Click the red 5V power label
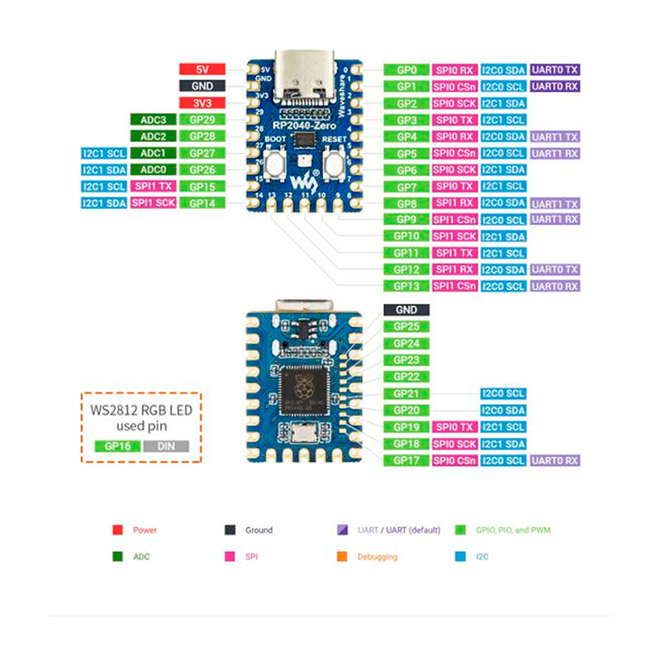point(202,70)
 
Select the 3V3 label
point(202,103)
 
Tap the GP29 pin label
point(202,120)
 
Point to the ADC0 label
point(153,169)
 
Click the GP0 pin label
point(406,70)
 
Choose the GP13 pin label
point(406,286)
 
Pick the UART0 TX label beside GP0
point(555,70)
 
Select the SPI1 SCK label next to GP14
point(153,202)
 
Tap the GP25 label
point(406,326)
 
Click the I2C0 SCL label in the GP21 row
point(502,393)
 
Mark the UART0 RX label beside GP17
point(555,460)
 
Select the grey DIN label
point(165,445)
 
